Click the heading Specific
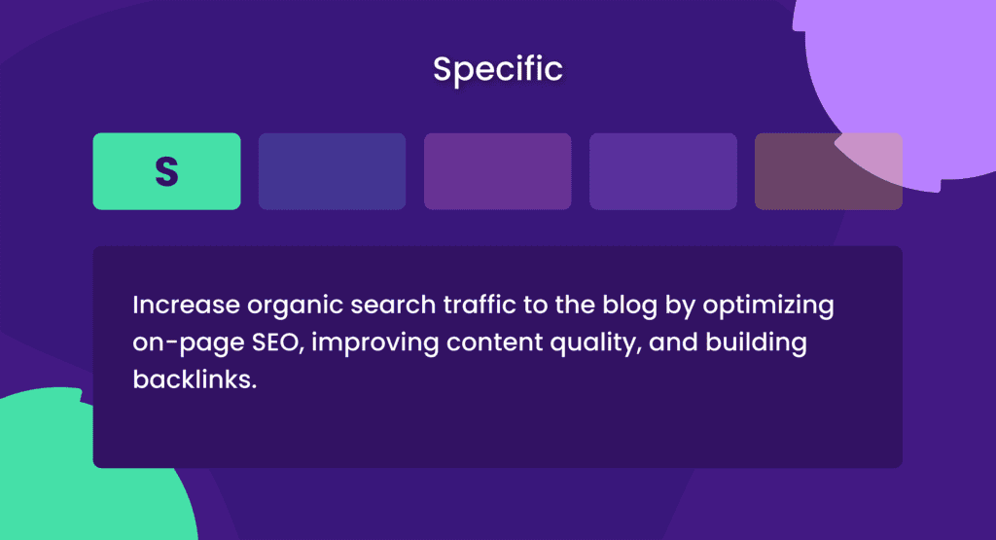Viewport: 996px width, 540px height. (x=497, y=69)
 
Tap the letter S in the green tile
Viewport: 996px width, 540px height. (x=166, y=171)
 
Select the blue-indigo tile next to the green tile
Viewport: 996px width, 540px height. (x=333, y=171)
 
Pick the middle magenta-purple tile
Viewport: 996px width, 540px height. (x=497, y=171)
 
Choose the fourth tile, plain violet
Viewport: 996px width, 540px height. (x=663, y=171)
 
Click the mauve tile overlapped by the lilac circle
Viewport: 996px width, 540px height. (x=829, y=171)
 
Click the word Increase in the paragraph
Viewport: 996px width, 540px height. (x=186, y=305)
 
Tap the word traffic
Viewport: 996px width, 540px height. (x=480, y=305)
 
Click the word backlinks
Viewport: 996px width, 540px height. (x=195, y=379)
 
